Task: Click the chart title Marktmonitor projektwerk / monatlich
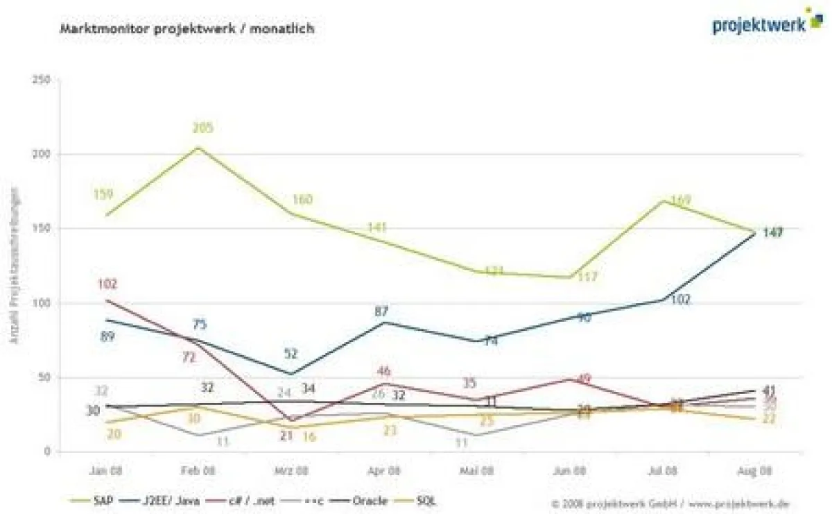pyautogui.click(x=187, y=29)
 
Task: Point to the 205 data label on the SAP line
pyautogui.click(x=203, y=128)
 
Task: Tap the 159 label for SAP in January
pyautogui.click(x=104, y=194)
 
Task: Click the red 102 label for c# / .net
pyautogui.click(x=107, y=284)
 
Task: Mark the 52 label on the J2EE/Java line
pyautogui.click(x=291, y=354)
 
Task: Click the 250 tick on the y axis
pyautogui.click(x=42, y=80)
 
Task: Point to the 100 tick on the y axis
pyautogui.click(x=42, y=303)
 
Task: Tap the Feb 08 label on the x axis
pyautogui.click(x=198, y=470)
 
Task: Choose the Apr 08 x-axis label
pyautogui.click(x=387, y=470)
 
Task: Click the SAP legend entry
pyautogui.click(x=89, y=499)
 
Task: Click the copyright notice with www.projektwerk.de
pyautogui.click(x=670, y=504)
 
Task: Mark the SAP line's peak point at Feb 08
pyautogui.click(x=198, y=147)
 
